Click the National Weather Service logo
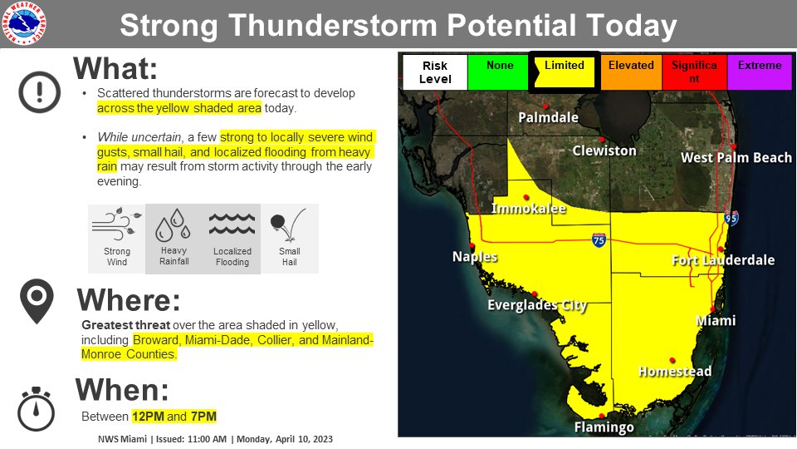coord(25,24)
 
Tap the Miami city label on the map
coord(716,320)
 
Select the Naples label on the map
coord(475,257)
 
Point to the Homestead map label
coord(675,371)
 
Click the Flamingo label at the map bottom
coord(604,427)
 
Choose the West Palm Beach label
coord(736,157)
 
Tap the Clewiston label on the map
coord(604,150)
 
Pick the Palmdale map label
coord(548,117)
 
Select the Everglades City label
coord(537,305)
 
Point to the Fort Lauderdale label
coord(722,260)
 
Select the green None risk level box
coord(498,72)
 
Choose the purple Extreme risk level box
coord(759,72)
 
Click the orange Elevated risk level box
coord(631,72)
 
